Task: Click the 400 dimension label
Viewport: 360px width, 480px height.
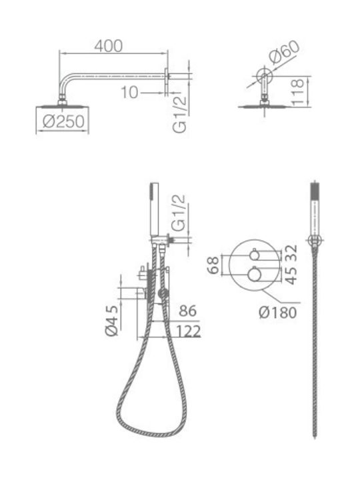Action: [109, 46]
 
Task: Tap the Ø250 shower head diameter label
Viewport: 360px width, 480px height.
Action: [63, 121]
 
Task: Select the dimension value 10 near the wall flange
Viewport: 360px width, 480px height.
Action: [129, 93]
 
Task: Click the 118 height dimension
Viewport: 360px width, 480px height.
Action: [297, 93]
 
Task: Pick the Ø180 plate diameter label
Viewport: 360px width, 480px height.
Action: [277, 313]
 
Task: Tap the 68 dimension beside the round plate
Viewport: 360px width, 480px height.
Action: [213, 265]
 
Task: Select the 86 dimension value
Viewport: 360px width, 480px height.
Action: [187, 311]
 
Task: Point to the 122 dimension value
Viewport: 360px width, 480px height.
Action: [188, 331]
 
